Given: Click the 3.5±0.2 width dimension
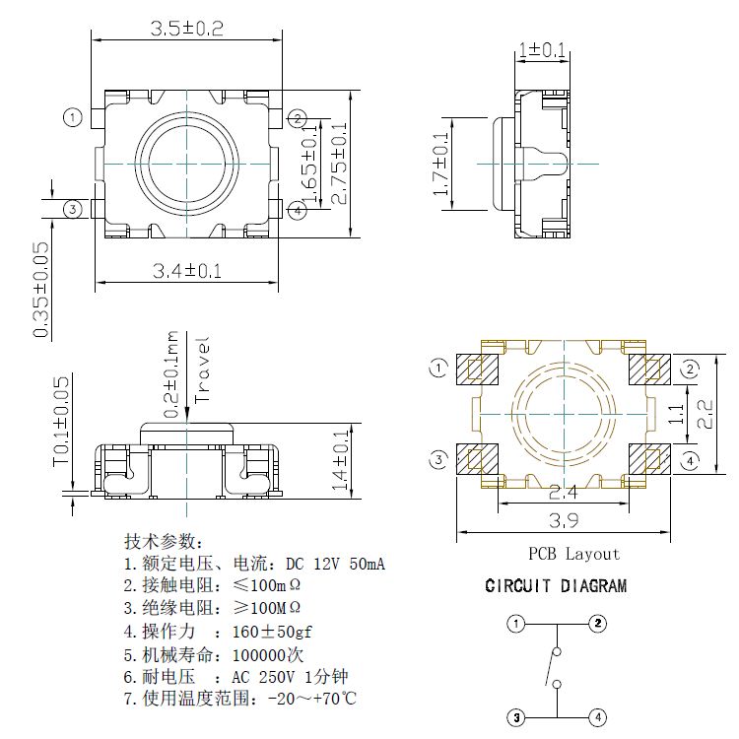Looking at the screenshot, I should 186,29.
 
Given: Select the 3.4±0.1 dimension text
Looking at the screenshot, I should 186,271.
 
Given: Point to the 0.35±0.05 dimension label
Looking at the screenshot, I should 41,291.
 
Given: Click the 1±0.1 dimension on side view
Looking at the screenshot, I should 542,49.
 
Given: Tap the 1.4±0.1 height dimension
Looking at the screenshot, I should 341,460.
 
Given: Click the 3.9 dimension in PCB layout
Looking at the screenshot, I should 564,522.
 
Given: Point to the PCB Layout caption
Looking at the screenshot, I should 574,554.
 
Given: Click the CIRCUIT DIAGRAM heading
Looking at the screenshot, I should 556,586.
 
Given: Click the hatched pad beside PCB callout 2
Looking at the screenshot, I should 648,369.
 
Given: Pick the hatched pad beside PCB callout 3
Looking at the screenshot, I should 479,460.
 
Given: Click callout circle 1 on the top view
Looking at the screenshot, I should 71,117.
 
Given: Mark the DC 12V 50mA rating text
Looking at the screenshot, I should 335,565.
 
